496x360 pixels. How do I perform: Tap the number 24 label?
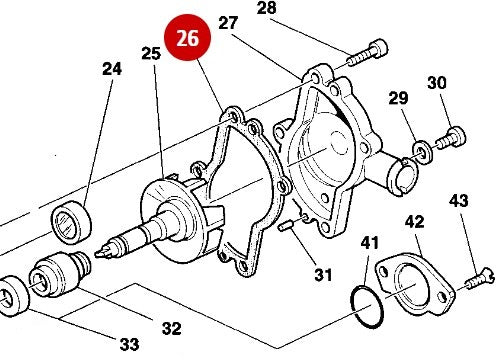click(111, 69)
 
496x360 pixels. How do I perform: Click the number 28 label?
click(267, 9)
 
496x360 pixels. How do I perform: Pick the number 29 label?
click(399, 98)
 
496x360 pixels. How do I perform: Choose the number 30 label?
click(437, 82)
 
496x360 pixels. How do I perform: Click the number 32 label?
click(171, 326)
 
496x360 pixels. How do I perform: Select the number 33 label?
click(128, 345)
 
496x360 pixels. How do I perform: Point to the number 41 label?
click(370, 243)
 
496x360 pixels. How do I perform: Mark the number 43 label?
click(458, 201)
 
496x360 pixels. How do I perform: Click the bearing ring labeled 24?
click(73, 220)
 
